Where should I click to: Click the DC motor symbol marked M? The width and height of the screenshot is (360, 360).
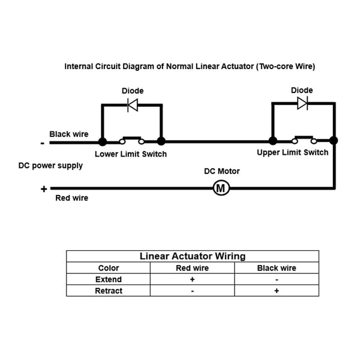click(x=221, y=188)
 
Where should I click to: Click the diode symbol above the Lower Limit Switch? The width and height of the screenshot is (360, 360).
click(x=133, y=105)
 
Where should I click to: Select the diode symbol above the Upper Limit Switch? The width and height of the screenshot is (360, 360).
click(x=302, y=104)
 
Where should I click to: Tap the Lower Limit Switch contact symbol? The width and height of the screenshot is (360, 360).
click(x=132, y=140)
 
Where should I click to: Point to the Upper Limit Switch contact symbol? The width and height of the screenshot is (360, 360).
click(x=304, y=140)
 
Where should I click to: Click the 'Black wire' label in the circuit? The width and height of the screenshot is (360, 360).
click(x=69, y=134)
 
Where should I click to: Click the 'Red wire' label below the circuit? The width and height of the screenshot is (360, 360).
click(x=71, y=198)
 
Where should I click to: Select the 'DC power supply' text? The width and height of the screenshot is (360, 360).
click(x=50, y=166)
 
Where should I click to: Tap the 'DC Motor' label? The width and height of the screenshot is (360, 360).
click(x=222, y=171)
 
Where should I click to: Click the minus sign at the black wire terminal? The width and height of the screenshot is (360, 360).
click(x=43, y=143)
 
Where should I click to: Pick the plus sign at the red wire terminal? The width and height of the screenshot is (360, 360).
click(x=44, y=189)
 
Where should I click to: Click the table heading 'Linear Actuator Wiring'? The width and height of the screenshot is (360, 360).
click(x=193, y=256)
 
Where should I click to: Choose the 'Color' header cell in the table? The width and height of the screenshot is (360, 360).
click(x=109, y=268)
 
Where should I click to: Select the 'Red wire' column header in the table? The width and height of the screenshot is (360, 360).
click(x=192, y=268)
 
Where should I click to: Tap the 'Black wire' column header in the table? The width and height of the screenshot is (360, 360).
click(x=277, y=268)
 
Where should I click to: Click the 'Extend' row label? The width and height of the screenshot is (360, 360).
click(x=109, y=280)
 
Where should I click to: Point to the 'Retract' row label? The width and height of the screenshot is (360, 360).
click(x=109, y=290)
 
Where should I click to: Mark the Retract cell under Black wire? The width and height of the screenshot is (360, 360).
click(x=277, y=290)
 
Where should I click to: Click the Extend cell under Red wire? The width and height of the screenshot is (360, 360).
click(x=193, y=279)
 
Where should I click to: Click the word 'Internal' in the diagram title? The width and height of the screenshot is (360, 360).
click(x=79, y=67)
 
